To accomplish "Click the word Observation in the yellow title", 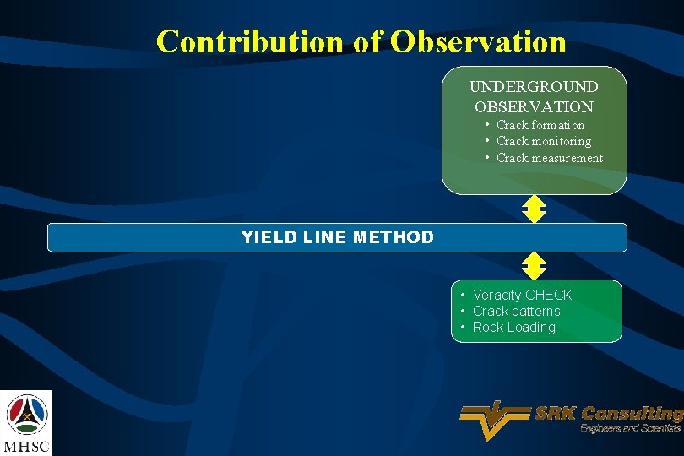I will pyautogui.click(x=478, y=41).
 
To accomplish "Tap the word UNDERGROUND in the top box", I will pyautogui.click(x=534, y=87).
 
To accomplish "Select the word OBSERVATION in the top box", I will pyautogui.click(x=534, y=107).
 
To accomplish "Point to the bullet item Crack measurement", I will pyautogui.click(x=549, y=158).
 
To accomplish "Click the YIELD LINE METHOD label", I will pyautogui.click(x=337, y=237).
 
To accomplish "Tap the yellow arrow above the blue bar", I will pyautogui.click(x=534, y=209).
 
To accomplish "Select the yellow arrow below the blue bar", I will pyautogui.click(x=534, y=266).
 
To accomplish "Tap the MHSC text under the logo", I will pyautogui.click(x=26, y=445).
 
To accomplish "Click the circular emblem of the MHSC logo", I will pyautogui.click(x=27, y=413).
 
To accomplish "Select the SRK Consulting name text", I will pyautogui.click(x=608, y=414).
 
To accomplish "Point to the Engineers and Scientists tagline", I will pyautogui.click(x=630, y=429).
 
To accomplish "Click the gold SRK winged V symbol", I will pyautogui.click(x=495, y=418).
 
